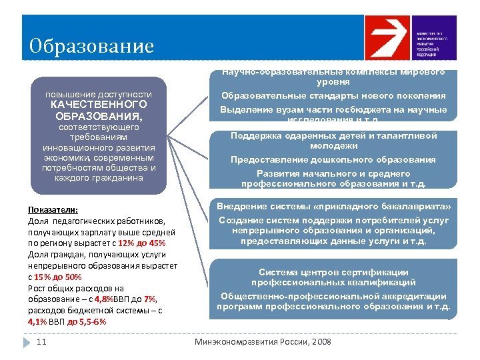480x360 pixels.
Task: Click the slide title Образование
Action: pyautogui.click(x=91, y=46)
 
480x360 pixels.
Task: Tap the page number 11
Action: pyautogui.click(x=41, y=342)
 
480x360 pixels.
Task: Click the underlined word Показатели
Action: pyautogui.click(x=53, y=209)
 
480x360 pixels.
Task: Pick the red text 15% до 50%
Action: pyautogui.click(x=58, y=277)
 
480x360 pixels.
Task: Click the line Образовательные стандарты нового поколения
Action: pyautogui.click(x=333, y=95)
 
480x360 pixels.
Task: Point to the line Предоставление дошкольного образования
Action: pyautogui.click(x=333, y=160)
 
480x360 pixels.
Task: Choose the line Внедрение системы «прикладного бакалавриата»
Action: pyautogui.click(x=333, y=206)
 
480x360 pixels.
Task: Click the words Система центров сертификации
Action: pyautogui.click(x=333, y=272)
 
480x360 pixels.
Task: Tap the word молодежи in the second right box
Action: pyautogui.click(x=333, y=145)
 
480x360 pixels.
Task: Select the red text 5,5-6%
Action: pyautogui.click(x=93, y=321)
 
